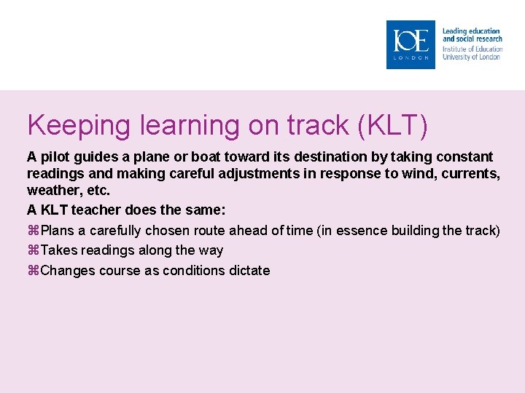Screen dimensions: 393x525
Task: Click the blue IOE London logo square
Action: click(x=411, y=44)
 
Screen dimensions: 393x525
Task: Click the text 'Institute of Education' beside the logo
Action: click(x=472, y=49)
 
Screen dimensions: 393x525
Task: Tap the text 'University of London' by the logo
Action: click(x=472, y=57)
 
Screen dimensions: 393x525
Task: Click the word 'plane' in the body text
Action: click(x=139, y=156)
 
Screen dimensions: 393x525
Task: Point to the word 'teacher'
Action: click(x=96, y=210)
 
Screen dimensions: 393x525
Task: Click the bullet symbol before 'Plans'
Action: click(x=33, y=231)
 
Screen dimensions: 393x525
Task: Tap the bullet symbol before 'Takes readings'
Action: click(x=33, y=250)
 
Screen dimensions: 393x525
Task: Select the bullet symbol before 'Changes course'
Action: click(x=33, y=271)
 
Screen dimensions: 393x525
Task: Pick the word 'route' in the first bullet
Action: click(x=206, y=231)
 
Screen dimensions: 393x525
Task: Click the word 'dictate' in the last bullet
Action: click(x=248, y=271)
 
